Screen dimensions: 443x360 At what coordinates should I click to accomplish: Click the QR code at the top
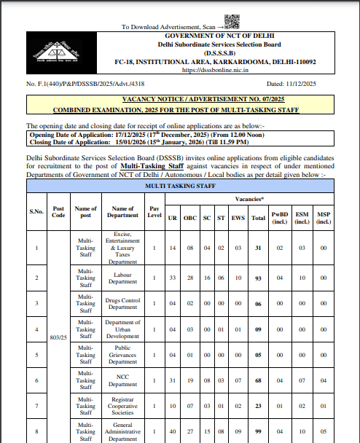(232, 21)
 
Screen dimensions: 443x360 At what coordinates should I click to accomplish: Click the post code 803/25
(58, 338)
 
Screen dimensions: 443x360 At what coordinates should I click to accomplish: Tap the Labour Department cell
(122, 278)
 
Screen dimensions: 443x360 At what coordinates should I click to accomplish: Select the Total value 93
(257, 278)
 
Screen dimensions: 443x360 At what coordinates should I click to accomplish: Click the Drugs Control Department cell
(122, 303)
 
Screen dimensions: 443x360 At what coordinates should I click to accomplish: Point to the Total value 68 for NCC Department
(257, 380)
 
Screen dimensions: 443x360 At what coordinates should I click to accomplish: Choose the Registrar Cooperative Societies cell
(122, 406)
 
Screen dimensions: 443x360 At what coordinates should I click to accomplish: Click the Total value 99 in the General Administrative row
(257, 431)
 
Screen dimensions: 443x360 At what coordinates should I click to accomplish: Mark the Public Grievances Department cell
(122, 355)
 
